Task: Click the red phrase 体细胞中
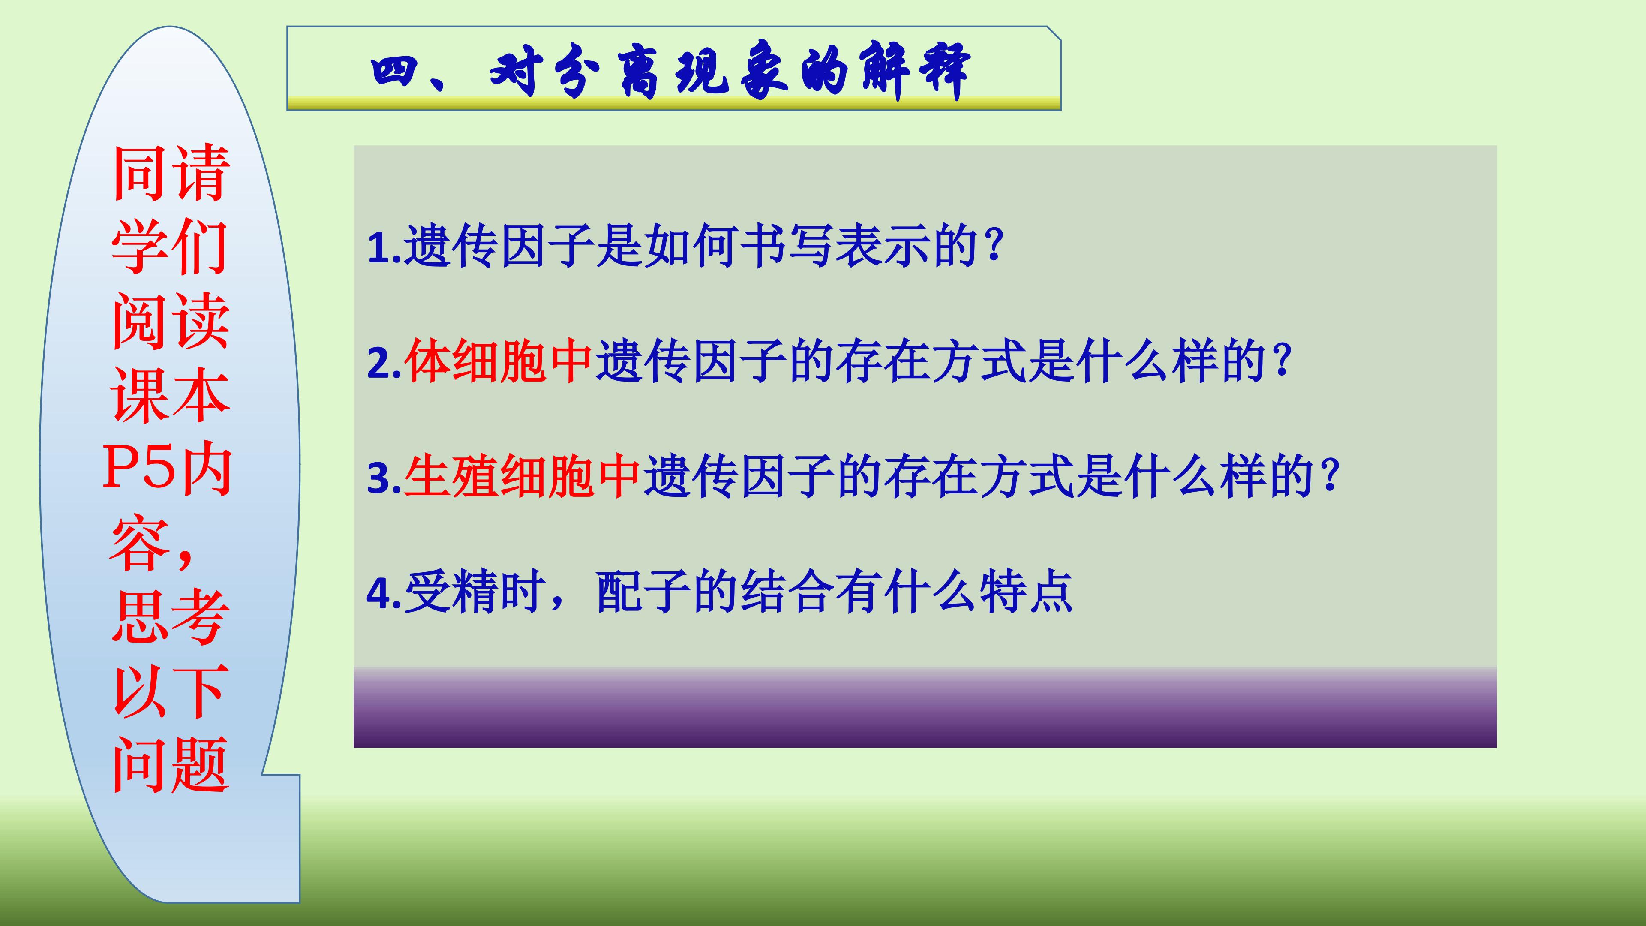point(499,362)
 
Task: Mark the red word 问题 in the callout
point(170,765)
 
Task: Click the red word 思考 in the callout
point(170,617)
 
